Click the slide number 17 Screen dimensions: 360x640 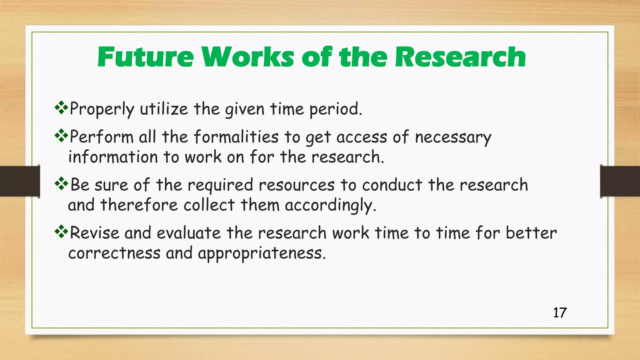point(560,313)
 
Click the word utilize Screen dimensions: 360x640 point(164,109)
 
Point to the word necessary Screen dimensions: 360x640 point(453,138)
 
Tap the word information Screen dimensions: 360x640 point(113,157)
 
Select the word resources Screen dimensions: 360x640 point(297,185)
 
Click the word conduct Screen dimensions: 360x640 point(392,185)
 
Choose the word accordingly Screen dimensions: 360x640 point(330,206)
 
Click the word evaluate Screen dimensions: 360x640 point(189,233)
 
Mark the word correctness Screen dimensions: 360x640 point(114,253)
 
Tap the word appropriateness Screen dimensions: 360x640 point(262,253)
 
